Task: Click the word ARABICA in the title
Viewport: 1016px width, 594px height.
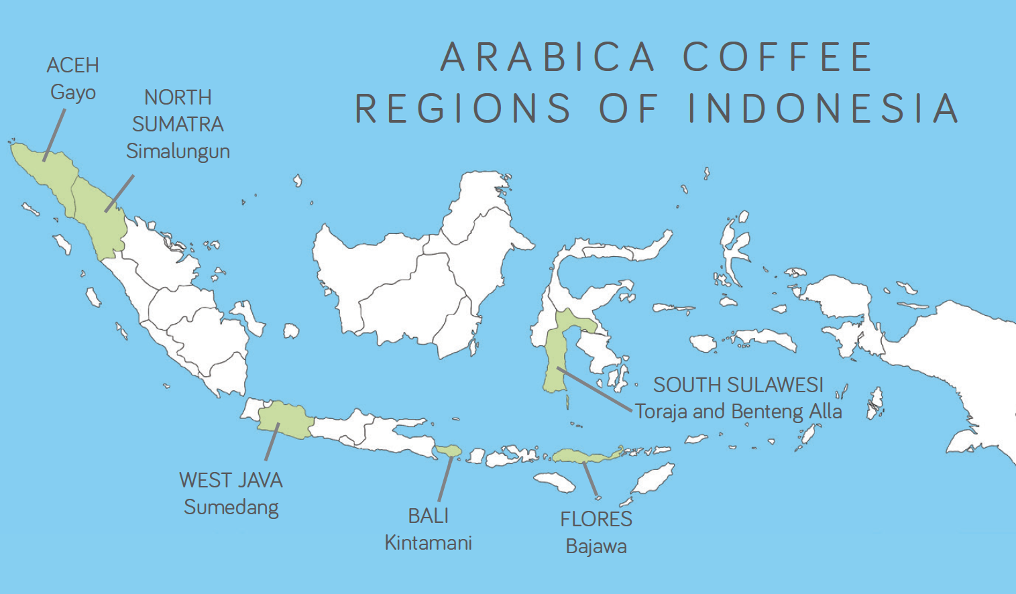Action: pyautogui.click(x=547, y=57)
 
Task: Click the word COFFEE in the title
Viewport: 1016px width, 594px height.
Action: pyautogui.click(x=778, y=57)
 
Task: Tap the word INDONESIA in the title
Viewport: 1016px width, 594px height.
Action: pyautogui.click(x=824, y=109)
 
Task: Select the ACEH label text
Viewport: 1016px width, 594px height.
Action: pyautogui.click(x=73, y=66)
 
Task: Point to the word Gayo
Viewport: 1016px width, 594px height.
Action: pyautogui.click(x=73, y=93)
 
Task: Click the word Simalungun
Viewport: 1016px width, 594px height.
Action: pyautogui.click(x=178, y=152)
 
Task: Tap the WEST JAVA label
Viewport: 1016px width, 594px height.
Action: pyautogui.click(x=231, y=481)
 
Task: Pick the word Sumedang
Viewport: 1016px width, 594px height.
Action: pyautogui.click(x=231, y=508)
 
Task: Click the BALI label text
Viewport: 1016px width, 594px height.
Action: pyautogui.click(x=428, y=516)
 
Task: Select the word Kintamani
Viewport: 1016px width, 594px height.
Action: pyautogui.click(x=428, y=543)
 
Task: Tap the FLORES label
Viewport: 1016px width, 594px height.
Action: pyautogui.click(x=596, y=520)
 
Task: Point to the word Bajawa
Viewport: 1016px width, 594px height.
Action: pyautogui.click(x=596, y=546)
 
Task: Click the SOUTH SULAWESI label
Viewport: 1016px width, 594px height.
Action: pyautogui.click(x=738, y=385)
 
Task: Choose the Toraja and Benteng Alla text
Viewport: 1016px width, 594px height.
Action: pyautogui.click(x=738, y=411)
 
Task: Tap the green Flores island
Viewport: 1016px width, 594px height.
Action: pyautogui.click(x=583, y=457)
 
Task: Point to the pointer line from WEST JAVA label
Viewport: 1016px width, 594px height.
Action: pyautogui.click(x=272, y=442)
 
